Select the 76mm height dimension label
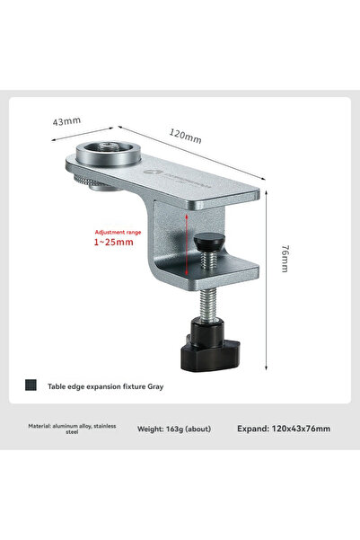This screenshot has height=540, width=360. tap(283, 260)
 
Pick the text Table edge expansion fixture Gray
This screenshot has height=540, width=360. tap(106, 387)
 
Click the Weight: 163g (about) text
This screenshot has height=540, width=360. tap(174, 429)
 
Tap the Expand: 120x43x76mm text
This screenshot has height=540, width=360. tap(284, 429)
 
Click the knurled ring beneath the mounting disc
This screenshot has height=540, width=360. tap(100, 182)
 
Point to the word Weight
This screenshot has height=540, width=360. tap(152, 429)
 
